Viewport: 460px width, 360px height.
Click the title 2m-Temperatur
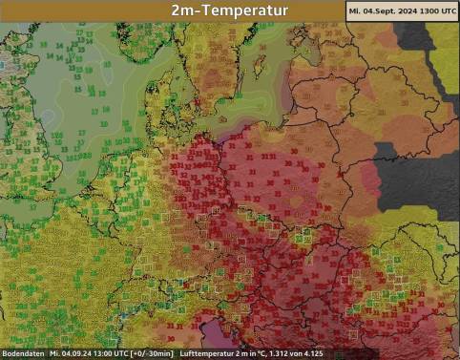[x=229, y=11]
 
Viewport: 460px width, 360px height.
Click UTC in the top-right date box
[x=450, y=11]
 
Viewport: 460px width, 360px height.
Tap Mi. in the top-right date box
[x=355, y=11]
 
